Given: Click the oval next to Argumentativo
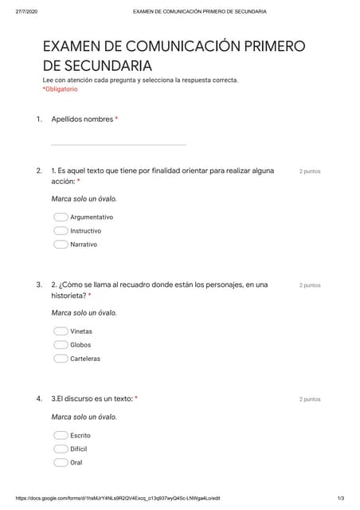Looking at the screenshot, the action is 61,217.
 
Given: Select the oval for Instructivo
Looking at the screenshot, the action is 61,230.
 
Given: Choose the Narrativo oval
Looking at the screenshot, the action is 61,245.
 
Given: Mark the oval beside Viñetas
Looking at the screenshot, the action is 61,331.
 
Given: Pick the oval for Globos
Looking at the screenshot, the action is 61,345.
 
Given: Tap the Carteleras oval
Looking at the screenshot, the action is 61,359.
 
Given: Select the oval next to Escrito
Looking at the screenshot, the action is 61,435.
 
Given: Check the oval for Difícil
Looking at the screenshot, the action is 61,449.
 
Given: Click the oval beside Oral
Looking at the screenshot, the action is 61,462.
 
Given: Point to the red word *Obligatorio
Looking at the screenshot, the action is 60,89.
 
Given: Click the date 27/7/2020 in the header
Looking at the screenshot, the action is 26,12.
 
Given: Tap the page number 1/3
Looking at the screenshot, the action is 340,498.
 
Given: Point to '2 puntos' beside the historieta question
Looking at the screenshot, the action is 310,284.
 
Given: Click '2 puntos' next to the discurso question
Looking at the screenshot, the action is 310,399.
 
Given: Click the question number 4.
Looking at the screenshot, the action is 38,398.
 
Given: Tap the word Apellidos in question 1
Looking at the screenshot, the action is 67,120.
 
